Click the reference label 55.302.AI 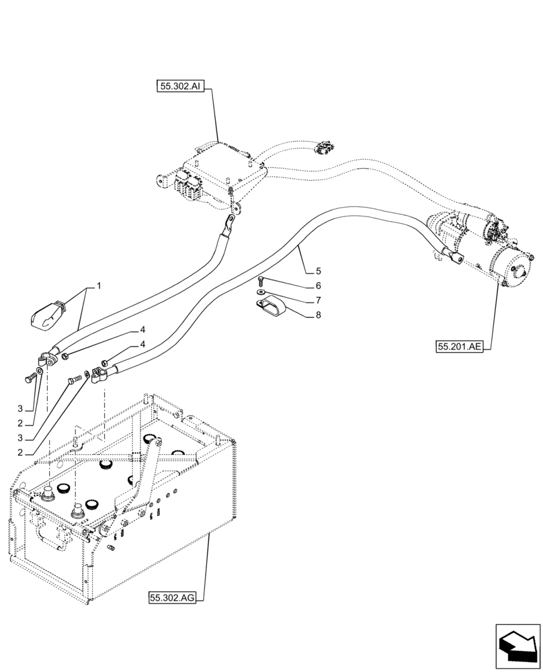pyautogui.click(x=181, y=85)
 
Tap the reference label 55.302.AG pyautogui.click(x=172, y=597)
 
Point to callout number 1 pyautogui.click(x=98, y=286)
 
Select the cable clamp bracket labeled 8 pyautogui.click(x=270, y=307)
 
